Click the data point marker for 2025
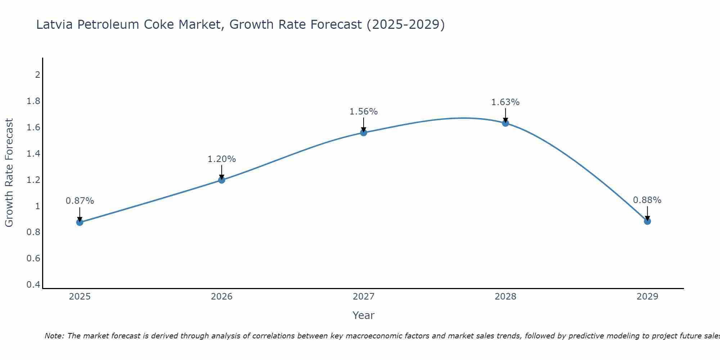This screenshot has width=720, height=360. click(x=80, y=222)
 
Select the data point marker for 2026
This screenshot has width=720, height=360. click(x=222, y=180)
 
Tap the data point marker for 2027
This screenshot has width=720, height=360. click(x=364, y=132)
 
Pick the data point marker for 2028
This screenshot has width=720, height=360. click(x=505, y=123)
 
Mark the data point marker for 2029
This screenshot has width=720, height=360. click(x=647, y=221)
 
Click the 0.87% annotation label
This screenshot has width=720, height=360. click(x=80, y=201)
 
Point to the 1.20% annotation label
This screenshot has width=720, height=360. click(x=222, y=159)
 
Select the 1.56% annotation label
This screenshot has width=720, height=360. click(x=364, y=112)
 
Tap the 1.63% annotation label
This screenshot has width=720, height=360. click(x=505, y=102)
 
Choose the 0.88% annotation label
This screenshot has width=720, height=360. click(x=647, y=200)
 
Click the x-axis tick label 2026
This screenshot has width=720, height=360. click(x=222, y=297)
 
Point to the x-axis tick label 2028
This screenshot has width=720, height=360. click(x=505, y=297)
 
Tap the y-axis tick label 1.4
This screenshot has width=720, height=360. click(x=33, y=154)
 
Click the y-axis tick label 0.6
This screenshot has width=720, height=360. click(x=33, y=258)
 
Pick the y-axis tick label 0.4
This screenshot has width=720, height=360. click(x=33, y=285)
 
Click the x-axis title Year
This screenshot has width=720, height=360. click(x=364, y=315)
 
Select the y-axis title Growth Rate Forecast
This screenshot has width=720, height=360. click(x=9, y=173)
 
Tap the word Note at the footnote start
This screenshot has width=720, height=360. click(x=54, y=336)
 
